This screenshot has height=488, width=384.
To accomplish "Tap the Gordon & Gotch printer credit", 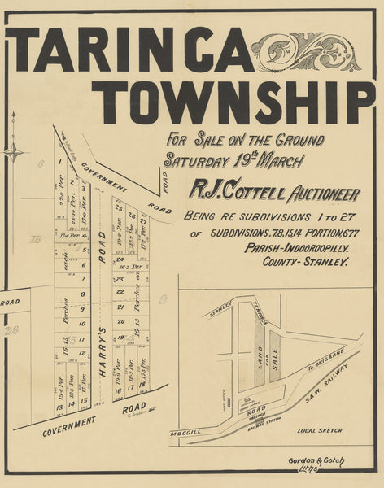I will (x=316, y=461).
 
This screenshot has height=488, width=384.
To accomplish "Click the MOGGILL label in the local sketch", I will (x=185, y=434).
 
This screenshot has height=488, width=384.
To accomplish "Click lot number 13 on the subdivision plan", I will (x=59, y=405).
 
